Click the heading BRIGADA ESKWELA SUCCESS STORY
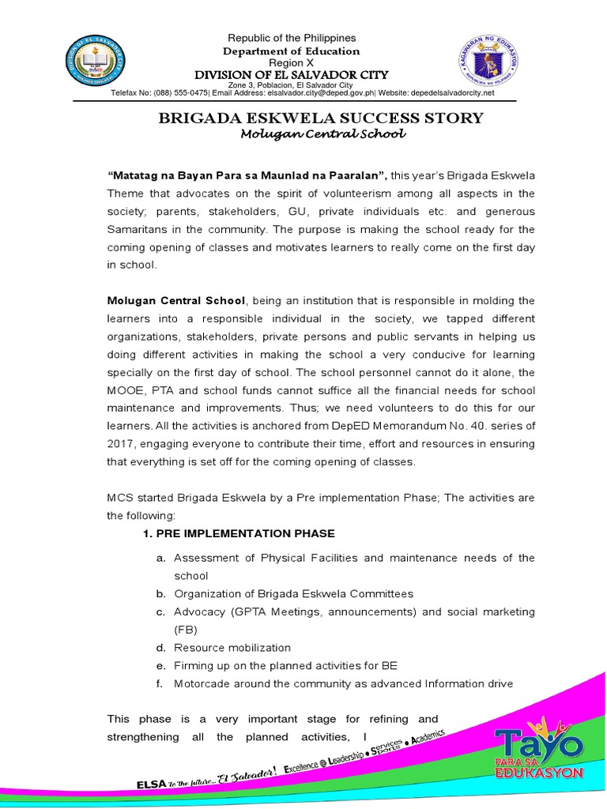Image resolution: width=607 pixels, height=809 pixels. click(x=320, y=119)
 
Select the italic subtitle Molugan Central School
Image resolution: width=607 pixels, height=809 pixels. click(x=322, y=134)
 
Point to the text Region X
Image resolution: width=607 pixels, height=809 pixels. click(x=292, y=62)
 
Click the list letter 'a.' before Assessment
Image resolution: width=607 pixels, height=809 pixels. click(x=160, y=558)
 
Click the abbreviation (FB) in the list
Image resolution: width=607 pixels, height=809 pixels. click(x=185, y=630)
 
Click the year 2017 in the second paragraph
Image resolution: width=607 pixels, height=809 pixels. click(x=123, y=444)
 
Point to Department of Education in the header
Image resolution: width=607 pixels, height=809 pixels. click(x=292, y=51)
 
